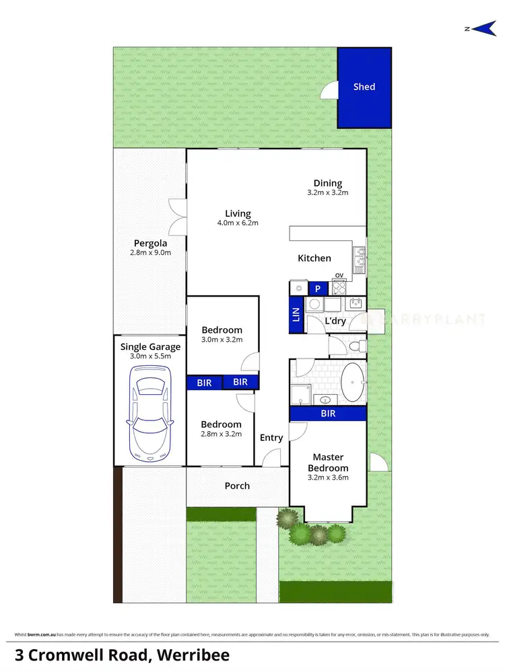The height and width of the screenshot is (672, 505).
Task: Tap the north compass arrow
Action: (x=483, y=28)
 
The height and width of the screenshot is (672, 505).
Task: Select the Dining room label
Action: (x=328, y=183)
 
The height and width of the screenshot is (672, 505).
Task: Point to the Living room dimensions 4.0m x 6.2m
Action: (x=238, y=223)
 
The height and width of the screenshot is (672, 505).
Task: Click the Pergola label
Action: (x=150, y=244)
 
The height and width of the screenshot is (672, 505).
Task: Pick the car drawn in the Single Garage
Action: (x=150, y=416)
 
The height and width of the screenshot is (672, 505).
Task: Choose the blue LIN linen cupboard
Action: (x=295, y=315)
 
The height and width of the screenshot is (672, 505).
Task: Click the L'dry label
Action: (x=335, y=321)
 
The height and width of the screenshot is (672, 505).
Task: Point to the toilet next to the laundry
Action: (x=358, y=346)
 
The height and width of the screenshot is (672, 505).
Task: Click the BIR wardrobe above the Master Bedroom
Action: (x=328, y=414)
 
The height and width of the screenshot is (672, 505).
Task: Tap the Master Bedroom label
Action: (x=328, y=463)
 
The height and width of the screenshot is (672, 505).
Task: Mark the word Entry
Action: (x=271, y=438)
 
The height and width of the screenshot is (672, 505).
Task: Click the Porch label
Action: (x=237, y=486)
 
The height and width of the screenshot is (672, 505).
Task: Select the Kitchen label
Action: (x=314, y=258)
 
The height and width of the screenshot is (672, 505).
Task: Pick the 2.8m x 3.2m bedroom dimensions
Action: (x=221, y=435)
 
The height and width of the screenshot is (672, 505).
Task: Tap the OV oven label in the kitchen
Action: (x=339, y=274)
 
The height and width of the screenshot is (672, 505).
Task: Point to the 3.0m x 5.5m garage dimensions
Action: (x=151, y=357)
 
